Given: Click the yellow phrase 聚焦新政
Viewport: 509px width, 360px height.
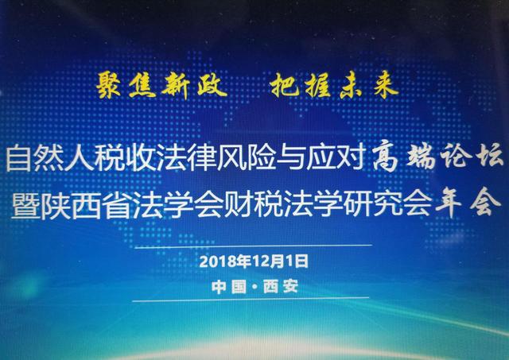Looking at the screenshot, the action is click(x=161, y=85).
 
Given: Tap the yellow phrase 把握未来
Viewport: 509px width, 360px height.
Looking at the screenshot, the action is click(x=334, y=85).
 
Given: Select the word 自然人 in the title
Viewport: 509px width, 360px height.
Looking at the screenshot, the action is click(x=50, y=159).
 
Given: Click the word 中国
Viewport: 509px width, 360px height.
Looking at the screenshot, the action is click(x=228, y=287).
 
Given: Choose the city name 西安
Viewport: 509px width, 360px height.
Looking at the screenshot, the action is click(x=281, y=287).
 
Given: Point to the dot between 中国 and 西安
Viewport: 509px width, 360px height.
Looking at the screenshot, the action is click(x=254, y=288).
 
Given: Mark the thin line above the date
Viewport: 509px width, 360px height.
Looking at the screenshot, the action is click(x=253, y=246).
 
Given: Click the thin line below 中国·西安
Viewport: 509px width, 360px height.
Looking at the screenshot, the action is click(x=251, y=299).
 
